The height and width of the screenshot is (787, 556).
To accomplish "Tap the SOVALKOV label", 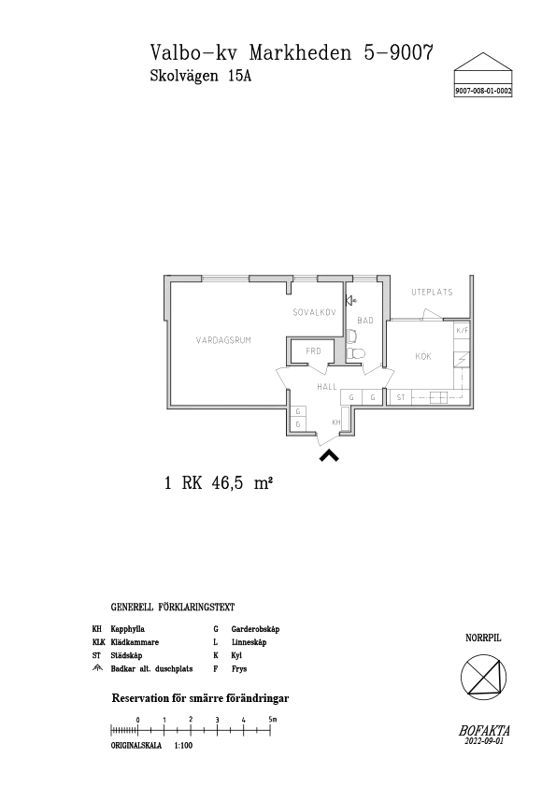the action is coord(314,312).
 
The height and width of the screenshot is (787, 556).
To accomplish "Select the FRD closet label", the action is coord(313,351).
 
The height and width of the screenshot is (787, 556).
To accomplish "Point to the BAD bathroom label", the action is coord(365,321).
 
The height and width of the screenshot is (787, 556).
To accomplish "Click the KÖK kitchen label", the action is coord(423,356).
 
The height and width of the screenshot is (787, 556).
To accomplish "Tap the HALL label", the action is coord(327,387).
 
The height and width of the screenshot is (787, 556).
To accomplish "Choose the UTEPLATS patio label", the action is coord(432,293).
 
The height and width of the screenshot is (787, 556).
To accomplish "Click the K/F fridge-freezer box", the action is coord(463,331).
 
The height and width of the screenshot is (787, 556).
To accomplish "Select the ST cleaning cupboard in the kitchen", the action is coord(401,397).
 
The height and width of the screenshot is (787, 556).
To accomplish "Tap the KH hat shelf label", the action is coord(336,422).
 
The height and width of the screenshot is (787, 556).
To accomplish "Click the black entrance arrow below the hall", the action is coord(329,455).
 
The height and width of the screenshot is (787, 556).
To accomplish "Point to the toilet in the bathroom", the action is coord(355,353).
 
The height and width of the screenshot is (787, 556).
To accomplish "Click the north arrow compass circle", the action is coord(484,677).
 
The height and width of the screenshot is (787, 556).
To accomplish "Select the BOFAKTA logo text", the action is coord(484,731).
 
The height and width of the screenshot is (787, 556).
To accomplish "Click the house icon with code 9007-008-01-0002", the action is coord(483,75).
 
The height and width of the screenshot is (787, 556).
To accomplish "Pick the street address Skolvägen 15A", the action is coord(201,77).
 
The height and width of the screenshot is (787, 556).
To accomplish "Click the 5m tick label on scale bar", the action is coord(272,720).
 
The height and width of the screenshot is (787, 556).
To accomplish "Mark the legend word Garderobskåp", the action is coord(255,629).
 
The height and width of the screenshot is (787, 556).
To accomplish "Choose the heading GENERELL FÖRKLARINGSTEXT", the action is coord(173,608).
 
